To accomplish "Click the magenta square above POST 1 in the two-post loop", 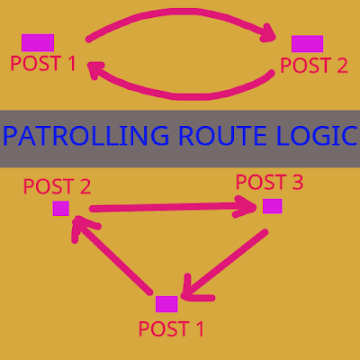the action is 38,42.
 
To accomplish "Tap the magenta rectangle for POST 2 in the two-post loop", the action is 307,44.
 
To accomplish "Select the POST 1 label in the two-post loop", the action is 43,63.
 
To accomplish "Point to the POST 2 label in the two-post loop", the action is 314,65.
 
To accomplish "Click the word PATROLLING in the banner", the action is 85,136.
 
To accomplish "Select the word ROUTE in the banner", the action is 222,136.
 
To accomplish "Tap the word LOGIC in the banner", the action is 317,136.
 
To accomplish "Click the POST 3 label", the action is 269,182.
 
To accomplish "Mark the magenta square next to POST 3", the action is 273,206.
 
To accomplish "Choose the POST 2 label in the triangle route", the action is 57,186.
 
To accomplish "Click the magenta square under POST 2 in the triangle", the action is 61,209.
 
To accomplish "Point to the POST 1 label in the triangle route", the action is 171,328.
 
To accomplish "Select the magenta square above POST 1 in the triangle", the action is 166,304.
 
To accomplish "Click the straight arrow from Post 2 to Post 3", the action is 174,207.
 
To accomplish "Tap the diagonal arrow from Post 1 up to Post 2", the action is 112,255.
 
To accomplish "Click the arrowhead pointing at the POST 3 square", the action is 246,207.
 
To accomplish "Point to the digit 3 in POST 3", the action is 298,182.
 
